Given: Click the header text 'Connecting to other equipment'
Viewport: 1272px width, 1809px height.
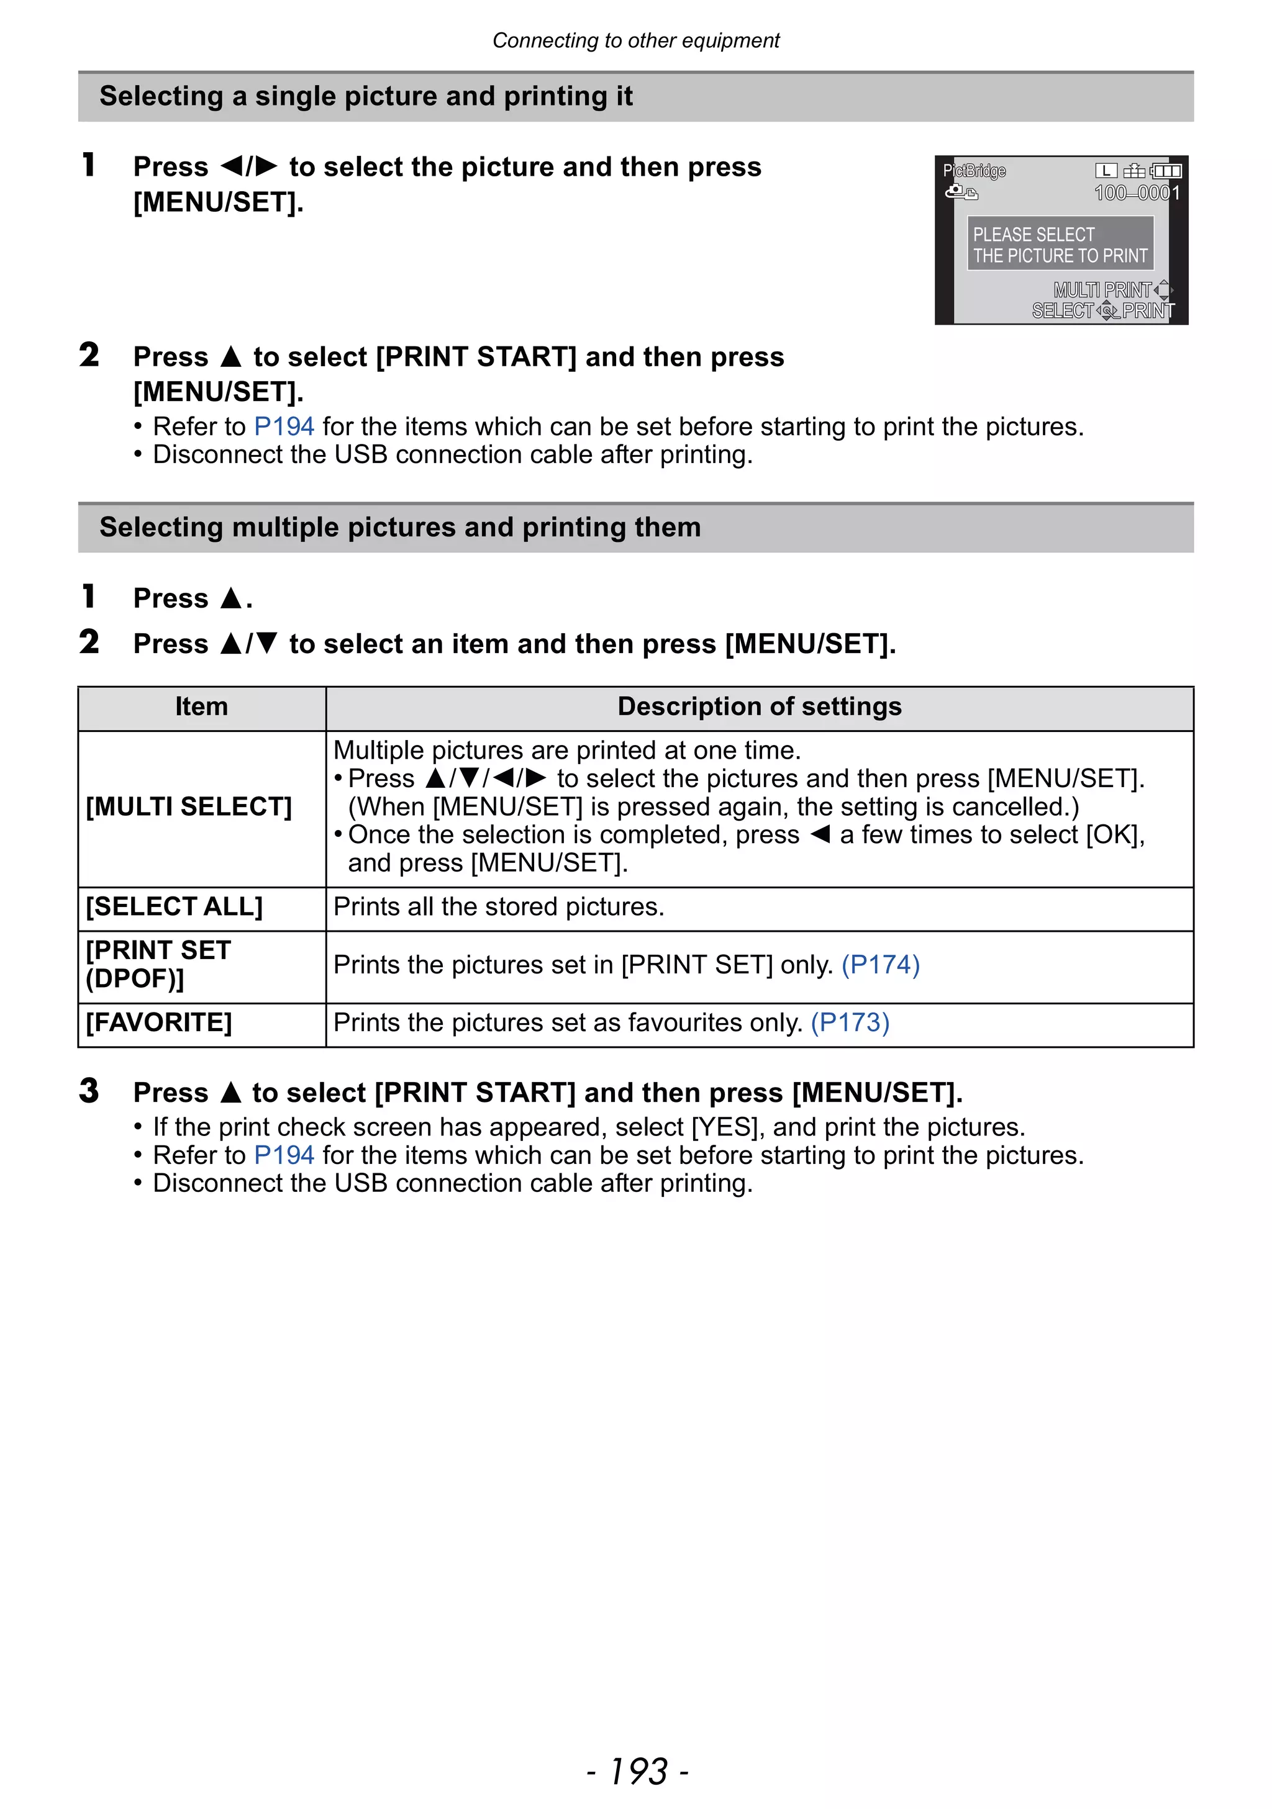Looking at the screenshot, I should point(636,40).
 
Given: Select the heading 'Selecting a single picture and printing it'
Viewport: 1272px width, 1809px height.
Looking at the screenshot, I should point(366,96).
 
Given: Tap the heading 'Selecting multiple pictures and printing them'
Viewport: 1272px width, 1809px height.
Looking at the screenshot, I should point(399,527).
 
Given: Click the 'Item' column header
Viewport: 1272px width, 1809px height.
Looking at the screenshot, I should point(202,706).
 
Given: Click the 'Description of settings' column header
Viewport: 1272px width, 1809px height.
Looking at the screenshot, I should point(759,706).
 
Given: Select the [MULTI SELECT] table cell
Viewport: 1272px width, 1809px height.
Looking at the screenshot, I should point(189,807).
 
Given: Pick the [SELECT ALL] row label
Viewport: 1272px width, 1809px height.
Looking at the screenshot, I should point(174,907).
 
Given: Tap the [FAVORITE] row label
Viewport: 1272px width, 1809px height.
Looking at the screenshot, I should point(159,1022).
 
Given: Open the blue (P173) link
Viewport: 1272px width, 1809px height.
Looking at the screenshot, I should point(850,1022).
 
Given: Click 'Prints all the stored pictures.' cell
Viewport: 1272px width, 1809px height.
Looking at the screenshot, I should point(499,907).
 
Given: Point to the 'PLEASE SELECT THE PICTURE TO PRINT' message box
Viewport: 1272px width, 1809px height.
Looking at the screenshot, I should point(1060,245).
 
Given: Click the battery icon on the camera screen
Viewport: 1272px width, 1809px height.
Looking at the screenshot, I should point(1166,171).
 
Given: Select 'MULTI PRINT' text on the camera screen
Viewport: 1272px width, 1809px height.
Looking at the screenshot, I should point(1102,290).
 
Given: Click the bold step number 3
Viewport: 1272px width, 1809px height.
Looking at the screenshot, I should point(89,1091).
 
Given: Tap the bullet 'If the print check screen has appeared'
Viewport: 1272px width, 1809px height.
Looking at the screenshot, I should point(589,1127).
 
